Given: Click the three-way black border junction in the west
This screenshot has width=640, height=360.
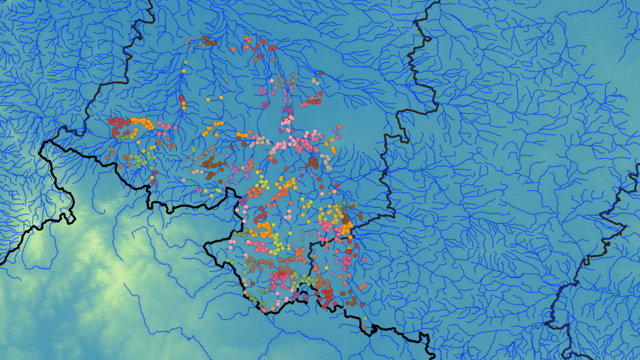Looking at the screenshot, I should (x=63, y=128).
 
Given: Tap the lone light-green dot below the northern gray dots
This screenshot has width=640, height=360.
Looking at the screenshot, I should (x=185, y=63).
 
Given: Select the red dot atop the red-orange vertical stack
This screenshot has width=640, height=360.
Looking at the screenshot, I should (x=182, y=98).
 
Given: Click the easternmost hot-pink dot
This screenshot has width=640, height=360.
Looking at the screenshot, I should (x=363, y=260).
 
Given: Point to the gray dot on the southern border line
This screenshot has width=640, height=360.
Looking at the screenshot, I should (x=266, y=308).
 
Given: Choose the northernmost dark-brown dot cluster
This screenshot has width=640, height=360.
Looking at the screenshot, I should (x=208, y=41).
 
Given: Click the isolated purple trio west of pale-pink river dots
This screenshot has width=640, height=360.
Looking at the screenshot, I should (x=264, y=104).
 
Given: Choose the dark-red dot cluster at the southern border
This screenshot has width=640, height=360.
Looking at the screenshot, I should (x=325, y=302).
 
